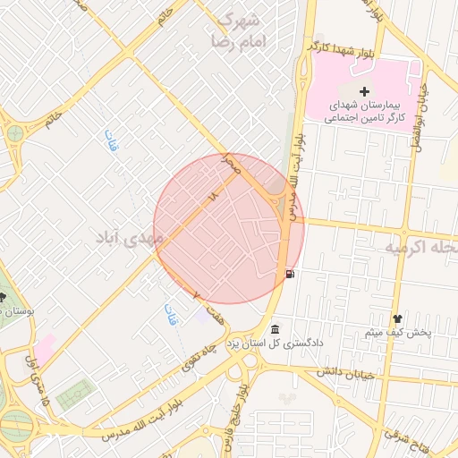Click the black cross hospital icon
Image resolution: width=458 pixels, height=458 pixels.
[364, 91]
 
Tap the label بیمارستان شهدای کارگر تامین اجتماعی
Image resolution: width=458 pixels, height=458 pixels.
[364, 111]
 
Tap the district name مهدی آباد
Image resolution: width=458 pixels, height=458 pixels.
[130, 238]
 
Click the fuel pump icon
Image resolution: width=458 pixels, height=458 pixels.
[288, 275]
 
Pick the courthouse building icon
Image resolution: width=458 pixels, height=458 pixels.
[275, 328]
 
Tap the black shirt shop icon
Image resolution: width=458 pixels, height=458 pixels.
[397, 318]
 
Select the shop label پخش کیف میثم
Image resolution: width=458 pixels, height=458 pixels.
[398, 333]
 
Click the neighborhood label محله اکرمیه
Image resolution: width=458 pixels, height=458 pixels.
[420, 245]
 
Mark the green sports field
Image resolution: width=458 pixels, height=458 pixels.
[74, 393]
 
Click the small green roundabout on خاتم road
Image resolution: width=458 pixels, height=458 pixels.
[15, 134]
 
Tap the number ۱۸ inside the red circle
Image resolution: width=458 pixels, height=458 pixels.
[212, 196]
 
